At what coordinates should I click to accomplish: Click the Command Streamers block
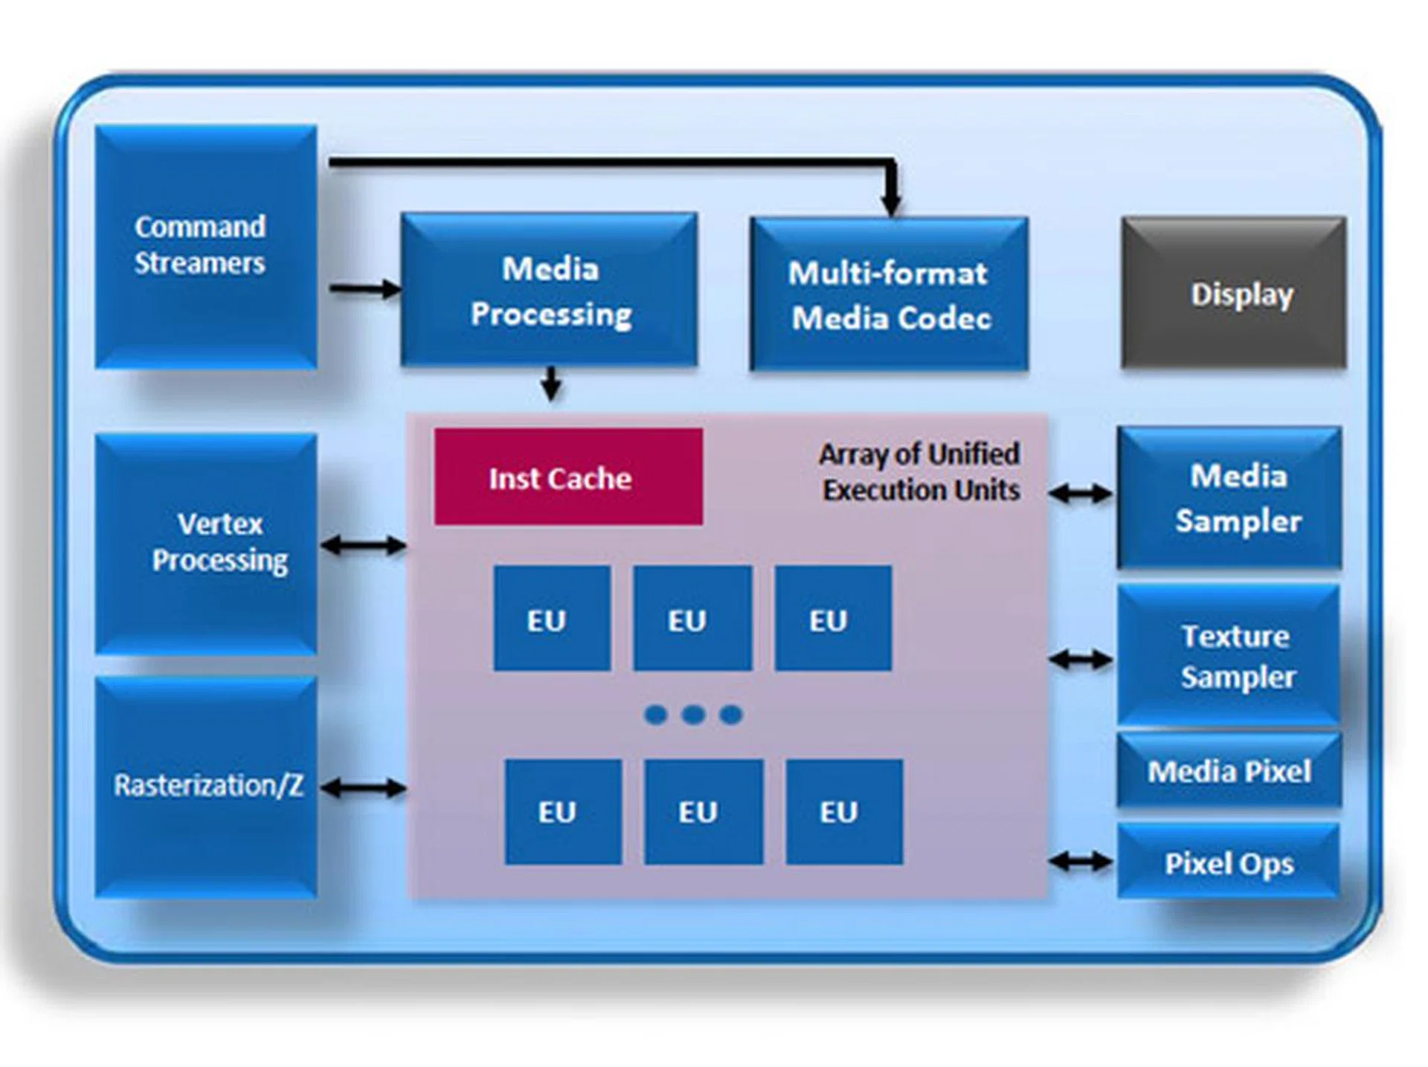[206, 246]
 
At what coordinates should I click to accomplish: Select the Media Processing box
[550, 290]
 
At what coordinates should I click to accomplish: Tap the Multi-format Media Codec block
[890, 294]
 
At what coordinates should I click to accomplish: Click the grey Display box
[1234, 293]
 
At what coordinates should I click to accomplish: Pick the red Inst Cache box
[568, 477]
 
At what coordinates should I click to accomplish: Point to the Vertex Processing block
[206, 544]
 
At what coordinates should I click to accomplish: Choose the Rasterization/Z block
[206, 787]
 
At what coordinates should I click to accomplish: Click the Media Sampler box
[1229, 497]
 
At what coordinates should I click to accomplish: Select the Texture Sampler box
[1229, 656]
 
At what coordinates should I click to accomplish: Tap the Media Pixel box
[1229, 771]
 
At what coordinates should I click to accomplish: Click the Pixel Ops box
[1229, 863]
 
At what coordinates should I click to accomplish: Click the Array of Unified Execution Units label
[920, 472]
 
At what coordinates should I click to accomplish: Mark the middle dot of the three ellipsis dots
[693, 715]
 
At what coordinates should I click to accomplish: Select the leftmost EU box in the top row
[552, 619]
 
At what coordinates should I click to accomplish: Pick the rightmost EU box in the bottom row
[844, 811]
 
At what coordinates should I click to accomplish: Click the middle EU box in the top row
[692, 619]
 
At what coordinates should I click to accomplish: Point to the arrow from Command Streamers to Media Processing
[364, 288]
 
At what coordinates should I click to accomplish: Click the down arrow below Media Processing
[550, 383]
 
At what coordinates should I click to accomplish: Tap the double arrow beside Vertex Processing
[363, 546]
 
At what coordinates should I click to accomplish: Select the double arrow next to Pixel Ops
[1081, 862]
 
